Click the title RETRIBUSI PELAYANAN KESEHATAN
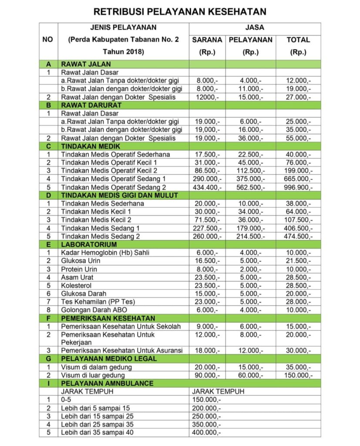(x=180, y=11)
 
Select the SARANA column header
(x=207, y=40)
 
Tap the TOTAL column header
(x=298, y=40)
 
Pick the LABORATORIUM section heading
(x=89, y=244)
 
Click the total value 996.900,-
(x=298, y=187)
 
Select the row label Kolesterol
(x=77, y=285)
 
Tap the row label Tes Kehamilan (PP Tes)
(x=92, y=301)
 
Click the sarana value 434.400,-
(x=207, y=187)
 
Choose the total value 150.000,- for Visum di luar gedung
(x=298, y=375)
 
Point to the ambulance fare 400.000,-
(x=206, y=432)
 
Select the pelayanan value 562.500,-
(x=250, y=187)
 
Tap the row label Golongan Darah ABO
(x=91, y=310)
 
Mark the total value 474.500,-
(x=298, y=236)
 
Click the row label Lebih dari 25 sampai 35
(x=97, y=424)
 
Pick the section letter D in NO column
(x=48, y=195)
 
